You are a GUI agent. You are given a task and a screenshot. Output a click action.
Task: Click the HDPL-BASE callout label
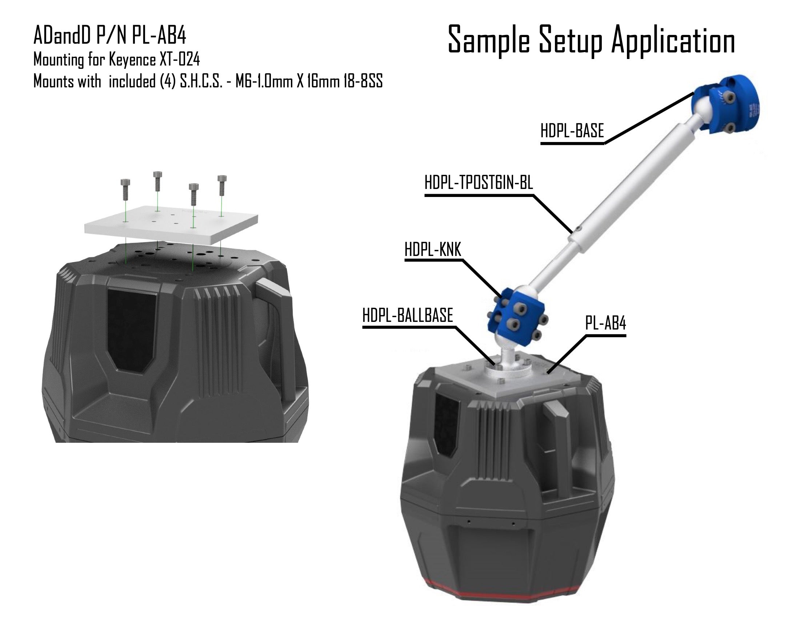[572, 131]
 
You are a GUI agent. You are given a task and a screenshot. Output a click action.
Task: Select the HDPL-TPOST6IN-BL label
[479, 182]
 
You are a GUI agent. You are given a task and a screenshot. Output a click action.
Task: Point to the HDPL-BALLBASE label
[408, 315]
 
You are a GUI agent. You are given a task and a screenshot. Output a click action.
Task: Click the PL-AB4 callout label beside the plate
[605, 323]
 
